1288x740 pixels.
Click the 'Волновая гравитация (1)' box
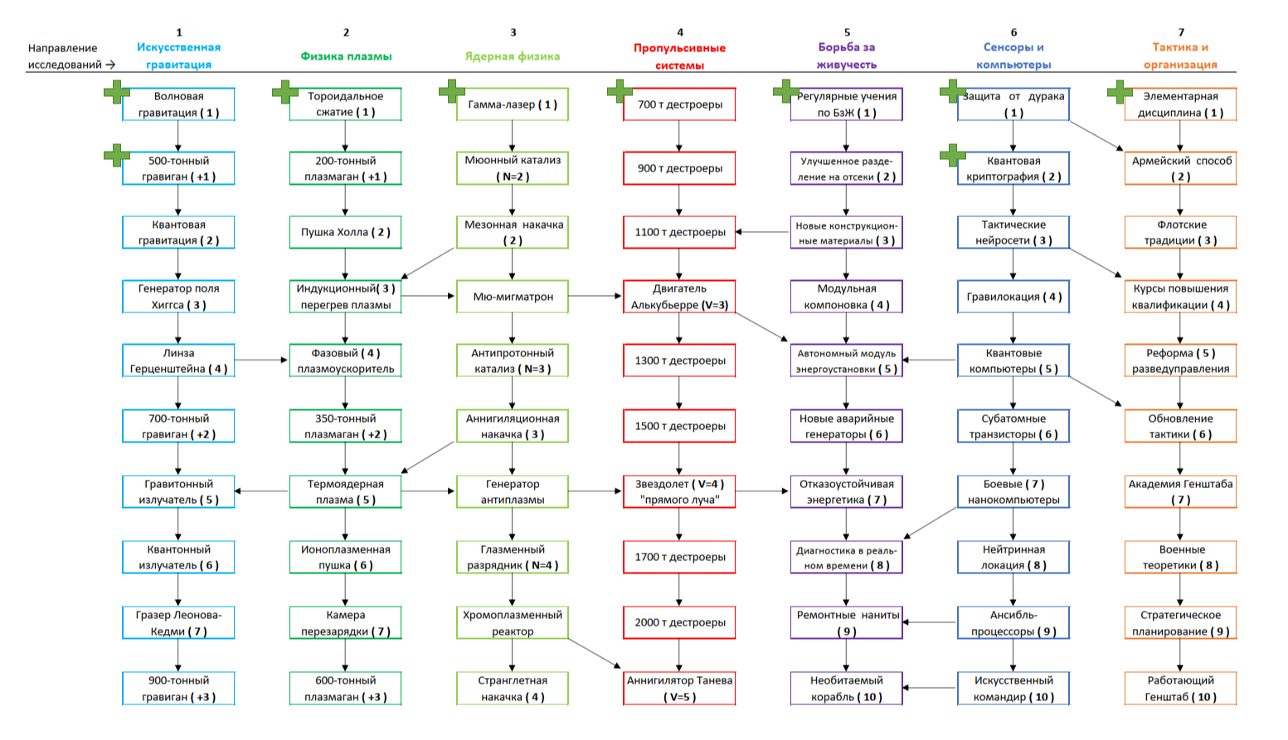178,104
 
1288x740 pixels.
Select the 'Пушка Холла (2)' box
345,232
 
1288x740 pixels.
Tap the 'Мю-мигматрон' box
513,297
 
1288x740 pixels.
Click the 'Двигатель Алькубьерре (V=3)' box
679,297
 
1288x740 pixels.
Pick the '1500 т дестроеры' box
679,426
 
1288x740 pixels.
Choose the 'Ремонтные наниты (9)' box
847,623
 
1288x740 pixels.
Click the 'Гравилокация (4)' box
1013,297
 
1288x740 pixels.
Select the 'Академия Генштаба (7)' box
1180,491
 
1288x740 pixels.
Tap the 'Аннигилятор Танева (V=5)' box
679,689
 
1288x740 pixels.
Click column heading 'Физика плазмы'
346,56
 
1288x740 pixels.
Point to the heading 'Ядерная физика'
513,56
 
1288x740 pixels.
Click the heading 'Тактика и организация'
1180,56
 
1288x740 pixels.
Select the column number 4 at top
680,32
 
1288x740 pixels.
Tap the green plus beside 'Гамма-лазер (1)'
452,91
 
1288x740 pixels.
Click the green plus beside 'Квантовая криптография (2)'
953,154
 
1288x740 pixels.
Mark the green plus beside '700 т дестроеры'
620,91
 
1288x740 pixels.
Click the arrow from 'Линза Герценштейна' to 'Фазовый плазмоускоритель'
262,360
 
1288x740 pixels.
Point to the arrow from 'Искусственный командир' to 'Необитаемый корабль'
930,688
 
